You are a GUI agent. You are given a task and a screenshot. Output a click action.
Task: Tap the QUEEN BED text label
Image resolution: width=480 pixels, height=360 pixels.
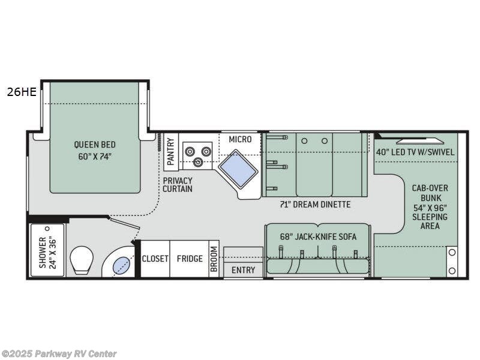click(95, 150)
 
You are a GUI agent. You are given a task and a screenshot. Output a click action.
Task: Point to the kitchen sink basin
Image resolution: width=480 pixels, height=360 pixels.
click(238, 167)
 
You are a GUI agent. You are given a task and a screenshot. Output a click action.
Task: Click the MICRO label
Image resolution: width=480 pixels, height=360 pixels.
click(240, 139)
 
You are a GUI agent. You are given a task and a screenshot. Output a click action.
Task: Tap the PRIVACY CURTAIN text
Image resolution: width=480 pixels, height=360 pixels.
click(178, 184)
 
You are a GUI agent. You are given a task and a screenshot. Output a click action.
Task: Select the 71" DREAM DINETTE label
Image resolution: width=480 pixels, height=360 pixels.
click(315, 205)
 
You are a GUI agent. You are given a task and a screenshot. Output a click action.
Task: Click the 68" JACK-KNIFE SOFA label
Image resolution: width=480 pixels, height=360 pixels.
click(318, 236)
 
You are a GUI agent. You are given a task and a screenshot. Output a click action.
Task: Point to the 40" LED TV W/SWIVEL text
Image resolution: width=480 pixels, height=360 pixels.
click(415, 152)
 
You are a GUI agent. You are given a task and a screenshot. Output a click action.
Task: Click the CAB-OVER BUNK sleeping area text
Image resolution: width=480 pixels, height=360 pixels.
click(430, 206)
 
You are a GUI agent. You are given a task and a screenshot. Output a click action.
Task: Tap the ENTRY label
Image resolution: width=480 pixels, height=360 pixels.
click(243, 270)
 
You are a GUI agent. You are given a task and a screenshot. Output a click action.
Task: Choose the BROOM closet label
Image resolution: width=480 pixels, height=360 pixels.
click(214, 259)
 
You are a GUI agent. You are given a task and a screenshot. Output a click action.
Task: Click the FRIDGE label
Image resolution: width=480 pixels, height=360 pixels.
click(189, 259)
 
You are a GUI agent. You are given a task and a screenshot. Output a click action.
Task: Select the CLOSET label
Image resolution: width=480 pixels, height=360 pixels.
click(155, 259)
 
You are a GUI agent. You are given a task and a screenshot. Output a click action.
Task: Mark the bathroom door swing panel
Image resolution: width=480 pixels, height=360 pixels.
click(124, 223)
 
